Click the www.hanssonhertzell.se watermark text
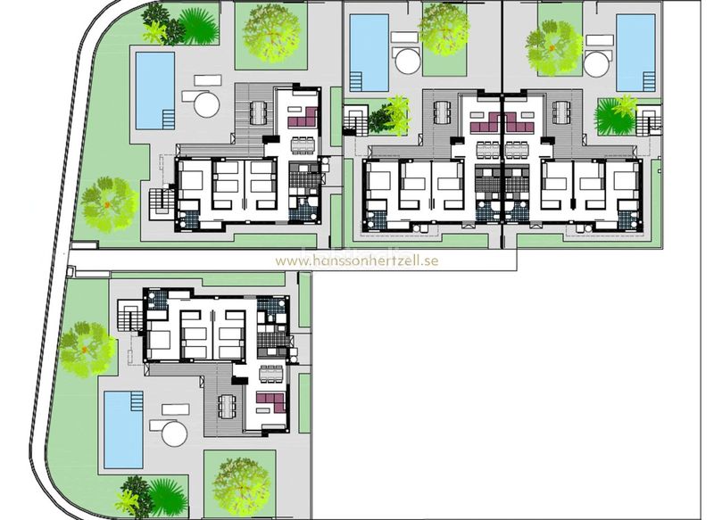(x=356, y=260)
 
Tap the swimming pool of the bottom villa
(x=123, y=430)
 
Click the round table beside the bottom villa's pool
(x=174, y=433)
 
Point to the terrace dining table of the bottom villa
(x=227, y=406)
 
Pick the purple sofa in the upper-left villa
(x=303, y=118)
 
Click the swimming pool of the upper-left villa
(x=155, y=91)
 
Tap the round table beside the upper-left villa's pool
(x=207, y=104)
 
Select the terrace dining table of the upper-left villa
(x=258, y=112)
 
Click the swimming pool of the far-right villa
(x=635, y=53)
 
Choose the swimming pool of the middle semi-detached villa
(x=369, y=53)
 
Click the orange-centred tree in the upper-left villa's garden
(x=108, y=205)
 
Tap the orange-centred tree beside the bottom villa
(x=86, y=350)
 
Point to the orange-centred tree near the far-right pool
(x=552, y=48)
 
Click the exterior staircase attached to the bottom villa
(x=129, y=315)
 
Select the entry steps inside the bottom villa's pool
(x=137, y=401)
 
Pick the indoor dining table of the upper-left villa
(x=303, y=145)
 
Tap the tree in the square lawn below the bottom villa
(x=241, y=485)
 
